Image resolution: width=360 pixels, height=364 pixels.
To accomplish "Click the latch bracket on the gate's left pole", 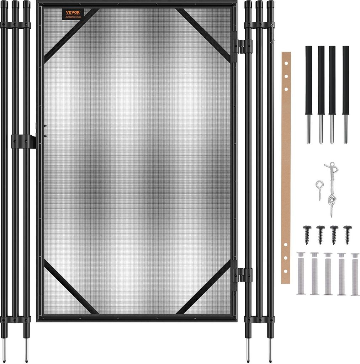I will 24,141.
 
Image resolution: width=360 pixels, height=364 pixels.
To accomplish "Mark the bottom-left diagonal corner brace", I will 70,287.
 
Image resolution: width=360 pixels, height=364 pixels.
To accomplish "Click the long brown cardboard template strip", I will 286,167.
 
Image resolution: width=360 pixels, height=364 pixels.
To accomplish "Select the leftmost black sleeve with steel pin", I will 308,94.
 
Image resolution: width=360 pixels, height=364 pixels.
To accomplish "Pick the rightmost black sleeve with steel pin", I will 345,94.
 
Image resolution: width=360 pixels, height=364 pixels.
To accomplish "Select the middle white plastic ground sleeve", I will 328,273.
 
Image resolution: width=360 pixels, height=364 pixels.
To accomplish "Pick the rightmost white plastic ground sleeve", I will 355,274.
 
